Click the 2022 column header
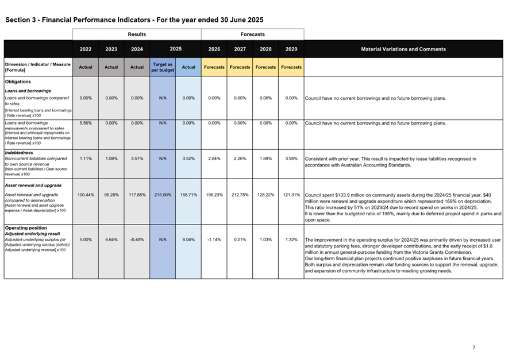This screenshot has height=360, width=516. point(85,49)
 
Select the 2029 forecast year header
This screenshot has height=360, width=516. point(291,49)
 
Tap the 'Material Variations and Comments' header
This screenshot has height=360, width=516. point(403,49)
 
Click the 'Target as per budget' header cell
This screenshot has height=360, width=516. point(163,67)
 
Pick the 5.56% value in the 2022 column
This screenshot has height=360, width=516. point(86,123)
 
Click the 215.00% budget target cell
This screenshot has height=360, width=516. point(163,195)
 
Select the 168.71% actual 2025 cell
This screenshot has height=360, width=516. point(188,195)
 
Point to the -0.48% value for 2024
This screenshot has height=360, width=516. point(137,239)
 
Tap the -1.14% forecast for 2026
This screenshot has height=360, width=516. point(214,239)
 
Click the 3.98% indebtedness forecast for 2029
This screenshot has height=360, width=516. point(291,159)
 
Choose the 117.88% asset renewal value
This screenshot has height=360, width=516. point(137,195)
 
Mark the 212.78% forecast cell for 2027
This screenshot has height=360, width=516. point(240,195)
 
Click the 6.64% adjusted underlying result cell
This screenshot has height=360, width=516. point(111,239)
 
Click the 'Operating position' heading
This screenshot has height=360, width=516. point(26,229)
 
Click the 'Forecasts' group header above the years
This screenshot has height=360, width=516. point(252,34)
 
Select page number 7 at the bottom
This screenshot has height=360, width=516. point(474,347)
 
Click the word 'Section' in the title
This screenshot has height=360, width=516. point(17,20)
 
